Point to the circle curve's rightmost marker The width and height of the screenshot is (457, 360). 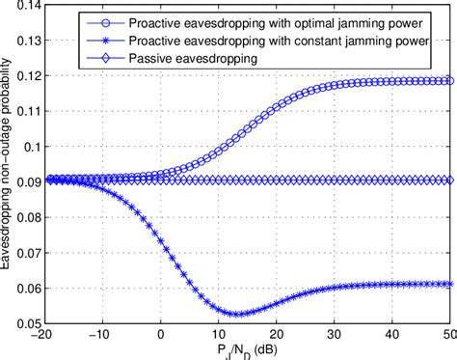coord(449,81)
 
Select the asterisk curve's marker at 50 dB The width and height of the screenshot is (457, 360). coord(449,284)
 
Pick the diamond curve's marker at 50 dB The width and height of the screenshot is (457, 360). coord(449,180)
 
